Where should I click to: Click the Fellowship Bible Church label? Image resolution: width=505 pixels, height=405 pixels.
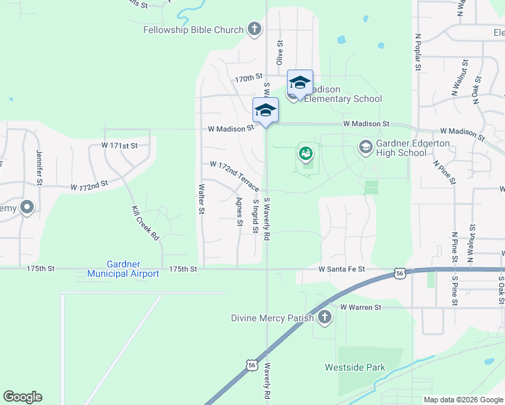tap(193, 30)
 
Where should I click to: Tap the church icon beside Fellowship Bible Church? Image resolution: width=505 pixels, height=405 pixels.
tap(254, 29)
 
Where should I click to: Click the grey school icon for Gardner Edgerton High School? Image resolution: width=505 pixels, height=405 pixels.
tap(365, 146)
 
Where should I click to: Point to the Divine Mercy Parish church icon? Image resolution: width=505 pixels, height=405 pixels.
tap(325, 317)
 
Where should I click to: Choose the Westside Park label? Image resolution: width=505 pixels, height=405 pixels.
tap(354, 368)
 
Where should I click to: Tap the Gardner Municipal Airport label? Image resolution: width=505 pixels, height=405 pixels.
tap(123, 269)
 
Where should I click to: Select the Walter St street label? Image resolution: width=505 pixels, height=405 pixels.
tap(201, 200)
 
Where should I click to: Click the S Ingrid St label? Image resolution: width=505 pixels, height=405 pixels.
tap(255, 215)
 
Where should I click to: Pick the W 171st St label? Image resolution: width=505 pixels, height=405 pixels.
tap(119, 145)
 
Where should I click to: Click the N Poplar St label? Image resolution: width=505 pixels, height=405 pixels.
tap(418, 53)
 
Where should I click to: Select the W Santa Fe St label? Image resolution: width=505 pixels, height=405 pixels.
tap(342, 269)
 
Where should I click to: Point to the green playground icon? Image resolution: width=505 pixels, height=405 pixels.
tap(305, 155)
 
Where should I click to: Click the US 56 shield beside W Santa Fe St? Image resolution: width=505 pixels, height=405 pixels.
tap(399, 273)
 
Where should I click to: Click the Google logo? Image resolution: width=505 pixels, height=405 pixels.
tap(22, 397)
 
